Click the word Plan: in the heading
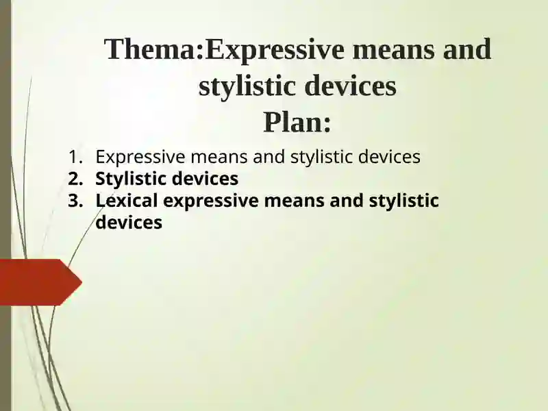tap(297, 123)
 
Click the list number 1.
tap(75, 158)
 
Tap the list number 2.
tap(75, 179)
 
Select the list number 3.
tap(75, 201)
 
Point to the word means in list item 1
tap(219, 158)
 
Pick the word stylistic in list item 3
tap(403, 201)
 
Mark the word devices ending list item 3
tap(129, 223)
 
